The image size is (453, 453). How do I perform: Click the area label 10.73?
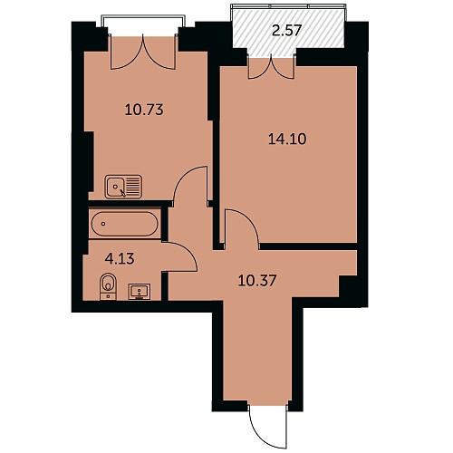coord(144,110)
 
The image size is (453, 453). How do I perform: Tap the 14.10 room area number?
coord(287,140)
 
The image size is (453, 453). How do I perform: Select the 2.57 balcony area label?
coord(287,31)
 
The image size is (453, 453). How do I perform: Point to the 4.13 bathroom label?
coord(120,259)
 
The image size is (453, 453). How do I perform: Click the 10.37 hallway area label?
coord(257,281)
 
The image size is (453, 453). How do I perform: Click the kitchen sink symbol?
coord(123,187)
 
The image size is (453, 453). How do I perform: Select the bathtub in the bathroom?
coord(124,224)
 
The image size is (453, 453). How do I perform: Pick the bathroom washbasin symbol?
coord(140,292)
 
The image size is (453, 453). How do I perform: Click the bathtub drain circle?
coord(103,224)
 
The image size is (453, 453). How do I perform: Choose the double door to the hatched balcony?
coord(271,67)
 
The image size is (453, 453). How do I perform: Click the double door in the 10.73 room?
coord(143,53)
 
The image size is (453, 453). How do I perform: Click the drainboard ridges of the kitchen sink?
coord(132,187)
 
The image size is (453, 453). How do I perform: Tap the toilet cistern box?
coord(108,296)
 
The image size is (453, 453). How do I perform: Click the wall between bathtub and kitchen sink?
coord(129,204)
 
